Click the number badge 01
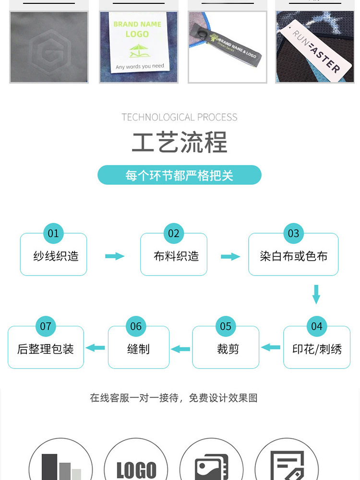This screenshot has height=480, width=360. pyautogui.click(x=53, y=234)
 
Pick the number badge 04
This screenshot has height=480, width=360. pyautogui.click(x=316, y=327)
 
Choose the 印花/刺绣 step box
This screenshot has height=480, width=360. pyautogui.click(x=317, y=349)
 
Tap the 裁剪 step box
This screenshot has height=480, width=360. pyautogui.click(x=226, y=349)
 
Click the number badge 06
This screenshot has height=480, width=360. pyautogui.click(x=136, y=327)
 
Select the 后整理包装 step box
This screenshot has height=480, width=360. pyautogui.click(x=46, y=349)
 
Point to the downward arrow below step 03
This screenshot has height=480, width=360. pyautogui.click(x=316, y=294)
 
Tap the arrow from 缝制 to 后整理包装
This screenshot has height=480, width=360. pyautogui.click(x=96, y=348)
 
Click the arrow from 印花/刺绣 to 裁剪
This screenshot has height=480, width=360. pyautogui.click(x=271, y=347)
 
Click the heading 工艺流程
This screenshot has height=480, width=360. pyautogui.click(x=180, y=142)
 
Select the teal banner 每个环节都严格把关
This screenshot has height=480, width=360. pyautogui.click(x=180, y=175)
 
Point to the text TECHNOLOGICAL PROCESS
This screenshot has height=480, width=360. pyautogui.click(x=180, y=117)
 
